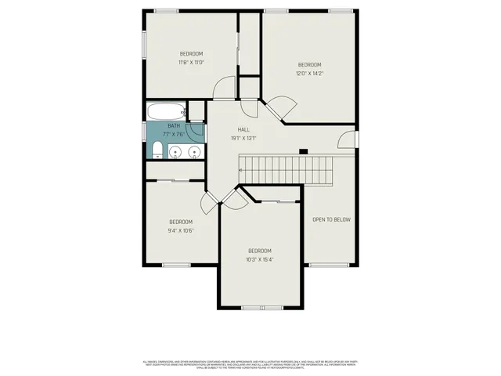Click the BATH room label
click(174, 125)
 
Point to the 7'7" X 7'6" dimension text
click(174, 133)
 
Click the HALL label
click(244, 130)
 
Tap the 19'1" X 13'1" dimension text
click(244, 139)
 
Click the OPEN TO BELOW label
click(331, 219)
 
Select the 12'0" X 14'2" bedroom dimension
click(309, 74)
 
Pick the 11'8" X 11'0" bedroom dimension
click(191, 63)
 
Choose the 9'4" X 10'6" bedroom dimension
click(180, 230)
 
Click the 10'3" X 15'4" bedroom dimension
click(259, 259)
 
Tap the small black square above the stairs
click(303, 150)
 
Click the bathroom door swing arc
click(194, 130)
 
